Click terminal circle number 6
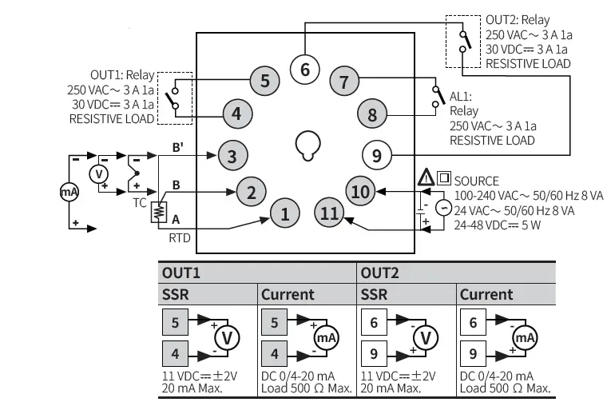pos(304,69)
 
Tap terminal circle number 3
pos(232,155)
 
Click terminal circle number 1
pos(284,213)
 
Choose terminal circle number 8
pos(372,113)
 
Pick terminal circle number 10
pos(361,190)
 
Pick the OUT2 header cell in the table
pos(381,273)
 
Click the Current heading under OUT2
pos(486,293)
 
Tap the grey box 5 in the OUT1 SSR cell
pos(176,323)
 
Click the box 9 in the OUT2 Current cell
pos(474,352)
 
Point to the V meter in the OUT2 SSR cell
pos(426,337)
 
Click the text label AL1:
pos(462,96)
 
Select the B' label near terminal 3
pos(177,147)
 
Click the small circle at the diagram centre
pos(307,144)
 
